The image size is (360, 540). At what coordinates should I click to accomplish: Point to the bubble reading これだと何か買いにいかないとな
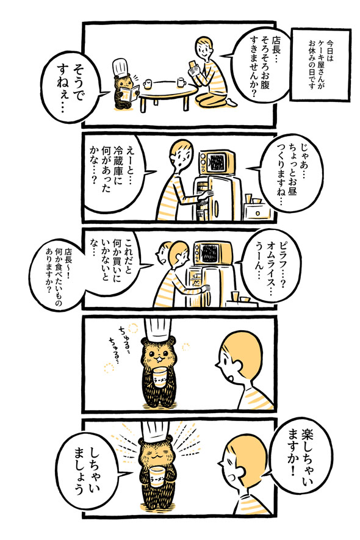point(115,256)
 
